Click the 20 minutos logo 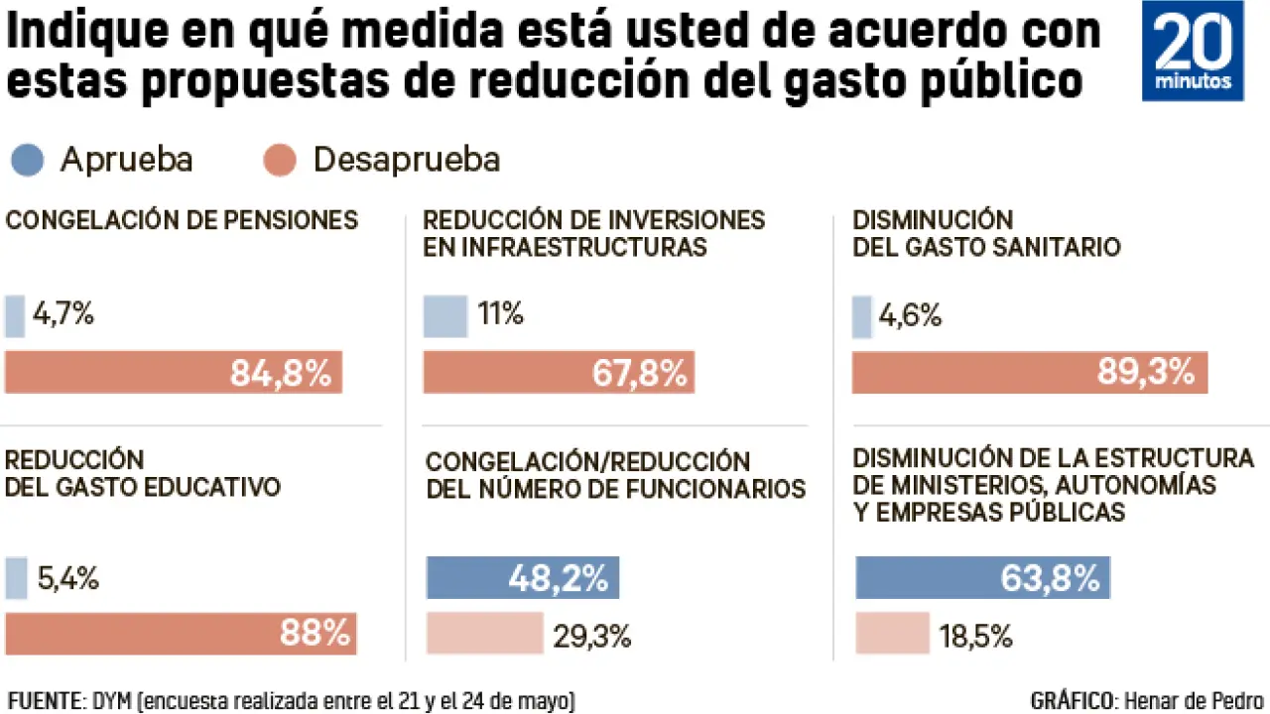(x=1192, y=51)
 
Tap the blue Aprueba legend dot (x=28, y=161)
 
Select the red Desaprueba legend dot (x=281, y=161)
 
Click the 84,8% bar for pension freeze (x=174, y=373)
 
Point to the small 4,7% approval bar (x=15, y=316)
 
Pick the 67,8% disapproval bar (x=559, y=373)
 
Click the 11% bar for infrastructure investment (x=445, y=316)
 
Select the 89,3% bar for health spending (x=1030, y=373)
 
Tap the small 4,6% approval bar (x=862, y=316)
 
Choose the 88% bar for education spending (x=181, y=634)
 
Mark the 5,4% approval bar (x=16, y=578)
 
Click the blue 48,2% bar (x=523, y=578)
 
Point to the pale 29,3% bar (x=485, y=634)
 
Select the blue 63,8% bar (x=982, y=578)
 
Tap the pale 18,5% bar (x=892, y=634)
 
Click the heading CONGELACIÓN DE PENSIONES (x=182, y=220)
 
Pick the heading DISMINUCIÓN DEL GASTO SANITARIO (x=986, y=233)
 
